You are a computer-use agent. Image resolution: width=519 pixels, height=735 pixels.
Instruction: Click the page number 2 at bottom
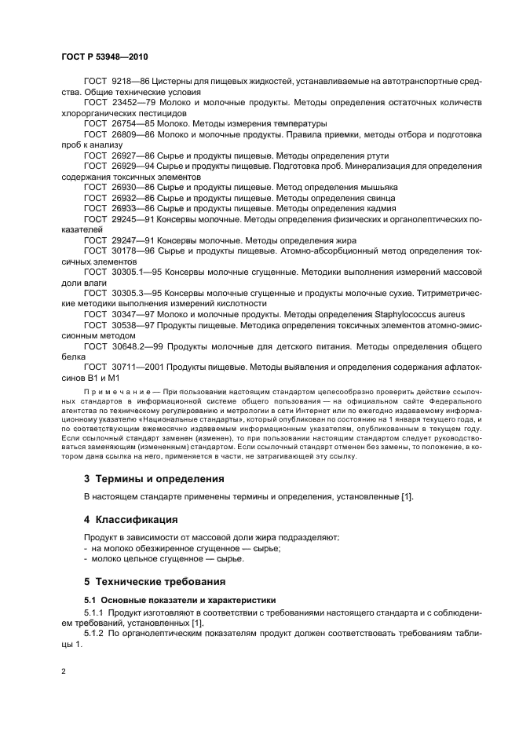63,671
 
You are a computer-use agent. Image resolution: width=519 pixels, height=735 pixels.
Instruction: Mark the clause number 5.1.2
95,633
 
